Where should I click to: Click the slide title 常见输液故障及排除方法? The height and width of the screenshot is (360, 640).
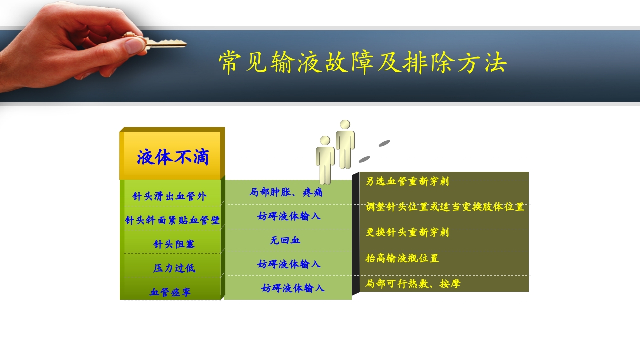point(363,63)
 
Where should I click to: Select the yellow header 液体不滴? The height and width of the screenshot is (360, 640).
point(172,157)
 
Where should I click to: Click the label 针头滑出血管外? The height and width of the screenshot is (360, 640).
point(169,196)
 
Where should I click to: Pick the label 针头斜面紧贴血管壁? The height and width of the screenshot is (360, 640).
point(172,220)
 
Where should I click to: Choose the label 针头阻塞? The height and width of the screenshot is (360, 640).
point(174,244)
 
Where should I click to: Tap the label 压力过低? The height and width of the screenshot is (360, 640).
point(174,268)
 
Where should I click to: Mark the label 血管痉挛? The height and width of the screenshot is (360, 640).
point(170,292)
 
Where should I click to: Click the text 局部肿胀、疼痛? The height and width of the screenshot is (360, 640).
point(286,192)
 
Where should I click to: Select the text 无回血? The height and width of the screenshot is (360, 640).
point(285,240)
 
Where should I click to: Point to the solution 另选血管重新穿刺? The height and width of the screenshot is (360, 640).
point(407,181)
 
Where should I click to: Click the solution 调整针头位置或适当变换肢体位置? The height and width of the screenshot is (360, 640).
point(445,207)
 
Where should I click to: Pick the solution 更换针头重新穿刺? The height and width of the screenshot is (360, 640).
point(407,232)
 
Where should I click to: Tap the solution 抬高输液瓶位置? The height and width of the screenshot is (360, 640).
point(402,258)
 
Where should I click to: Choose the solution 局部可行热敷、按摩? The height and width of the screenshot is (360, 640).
point(413,284)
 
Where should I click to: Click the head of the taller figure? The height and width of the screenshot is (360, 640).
point(345,125)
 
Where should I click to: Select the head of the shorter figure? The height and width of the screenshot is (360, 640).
point(325,141)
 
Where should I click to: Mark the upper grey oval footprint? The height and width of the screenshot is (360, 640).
point(384,144)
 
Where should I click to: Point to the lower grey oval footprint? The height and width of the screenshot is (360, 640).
point(364,159)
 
